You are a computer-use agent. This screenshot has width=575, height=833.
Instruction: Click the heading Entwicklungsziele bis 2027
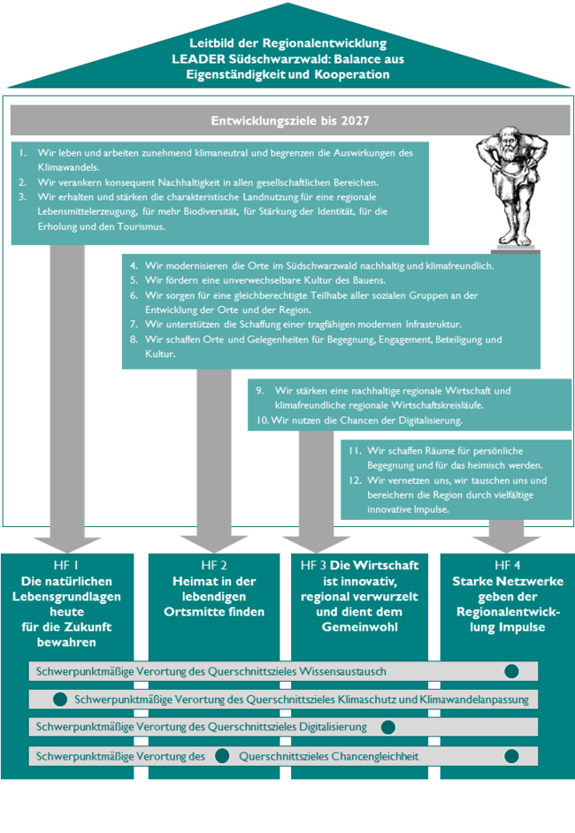pyautogui.click(x=289, y=120)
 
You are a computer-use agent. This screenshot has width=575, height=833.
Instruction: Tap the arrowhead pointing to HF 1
pyautogui.click(x=67, y=545)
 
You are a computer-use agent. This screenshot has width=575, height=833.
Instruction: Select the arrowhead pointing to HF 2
pyautogui.click(x=213, y=544)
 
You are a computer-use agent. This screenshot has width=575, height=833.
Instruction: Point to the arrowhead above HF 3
pyautogui.click(x=316, y=544)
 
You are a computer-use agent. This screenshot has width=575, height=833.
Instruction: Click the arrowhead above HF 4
pyautogui.click(x=506, y=544)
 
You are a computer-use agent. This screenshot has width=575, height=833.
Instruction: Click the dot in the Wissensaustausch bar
pyautogui.click(x=512, y=671)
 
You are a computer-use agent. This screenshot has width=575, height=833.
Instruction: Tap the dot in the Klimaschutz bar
pyautogui.click(x=60, y=699)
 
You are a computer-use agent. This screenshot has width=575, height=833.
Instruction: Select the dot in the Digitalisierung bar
pyautogui.click(x=388, y=727)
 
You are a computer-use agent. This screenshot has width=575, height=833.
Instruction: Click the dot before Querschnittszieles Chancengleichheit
pyautogui.click(x=222, y=755)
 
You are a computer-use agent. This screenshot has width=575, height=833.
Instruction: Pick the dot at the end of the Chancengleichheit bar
pyautogui.click(x=512, y=756)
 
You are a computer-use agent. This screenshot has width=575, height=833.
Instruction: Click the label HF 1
pyautogui.click(x=65, y=565)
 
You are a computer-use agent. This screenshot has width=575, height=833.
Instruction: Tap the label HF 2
pyautogui.click(x=214, y=565)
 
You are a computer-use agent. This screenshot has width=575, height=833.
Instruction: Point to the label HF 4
pyautogui.click(x=508, y=565)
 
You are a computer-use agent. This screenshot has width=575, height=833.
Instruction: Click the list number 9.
pyautogui.click(x=260, y=391)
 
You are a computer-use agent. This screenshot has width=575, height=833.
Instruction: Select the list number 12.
pyautogui.click(x=355, y=480)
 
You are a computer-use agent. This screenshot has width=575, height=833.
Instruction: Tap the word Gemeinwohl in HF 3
pyautogui.click(x=359, y=627)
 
